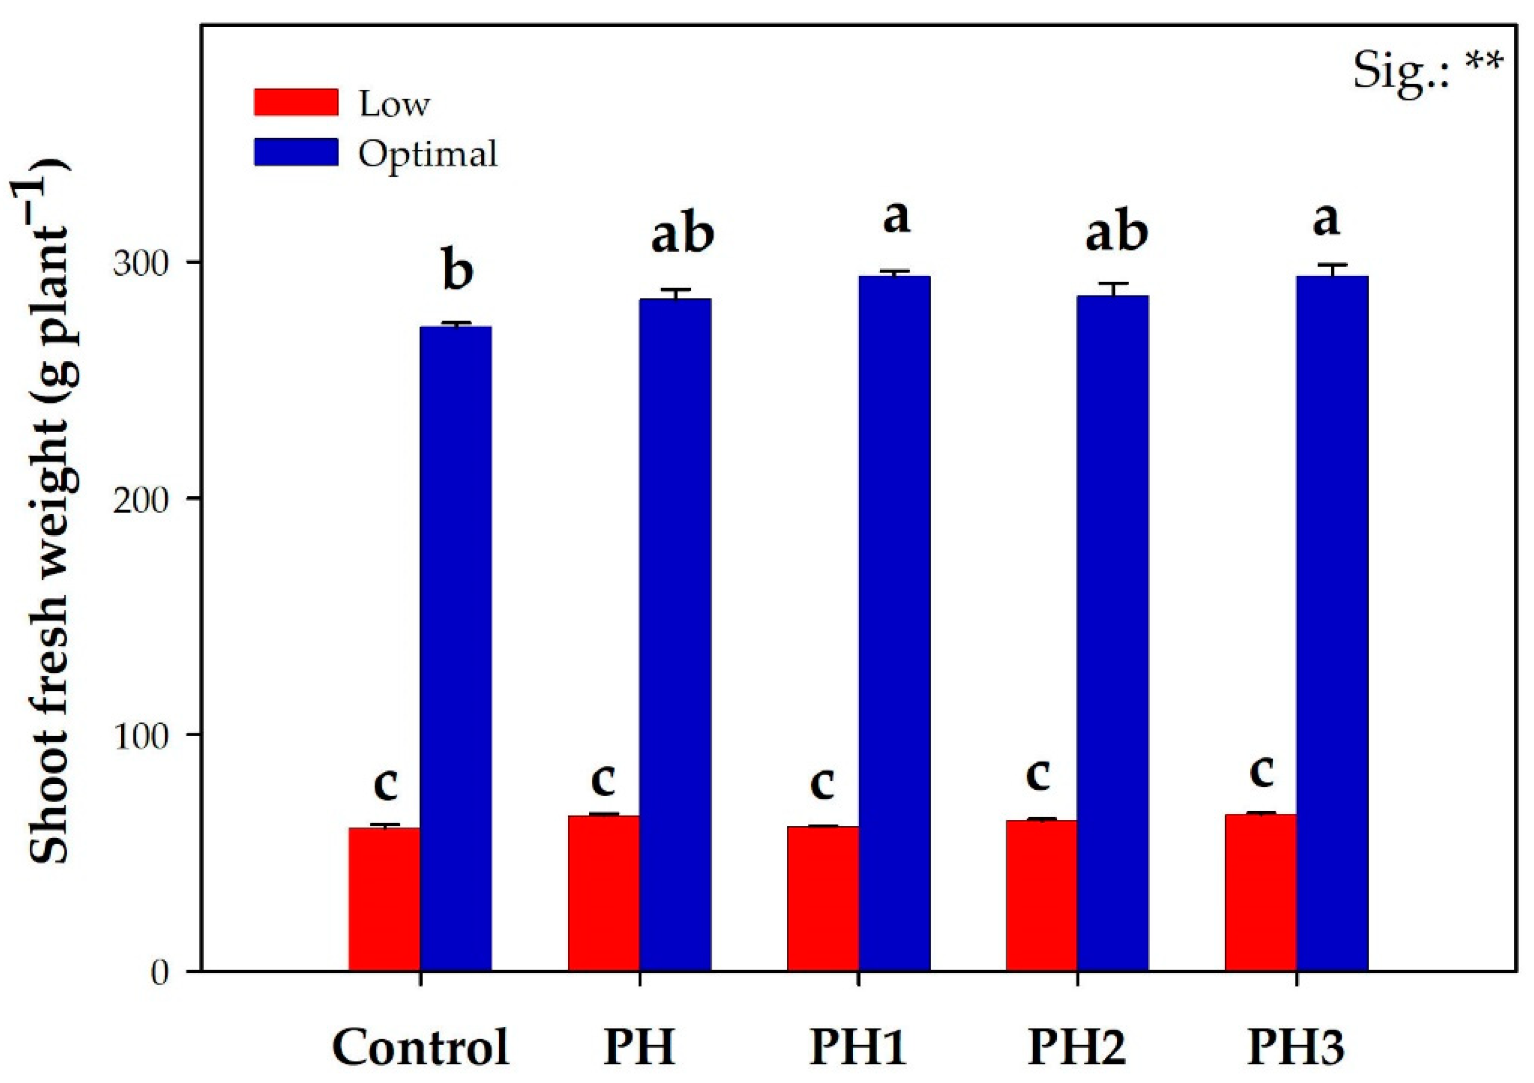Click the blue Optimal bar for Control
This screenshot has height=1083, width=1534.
point(456,647)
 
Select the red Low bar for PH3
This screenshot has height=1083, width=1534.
point(1260,892)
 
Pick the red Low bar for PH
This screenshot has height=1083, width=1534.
point(603,892)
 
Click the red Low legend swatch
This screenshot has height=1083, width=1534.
point(296,103)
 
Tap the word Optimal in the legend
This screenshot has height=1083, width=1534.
point(428,154)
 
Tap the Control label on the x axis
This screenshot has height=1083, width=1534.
point(420,1047)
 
